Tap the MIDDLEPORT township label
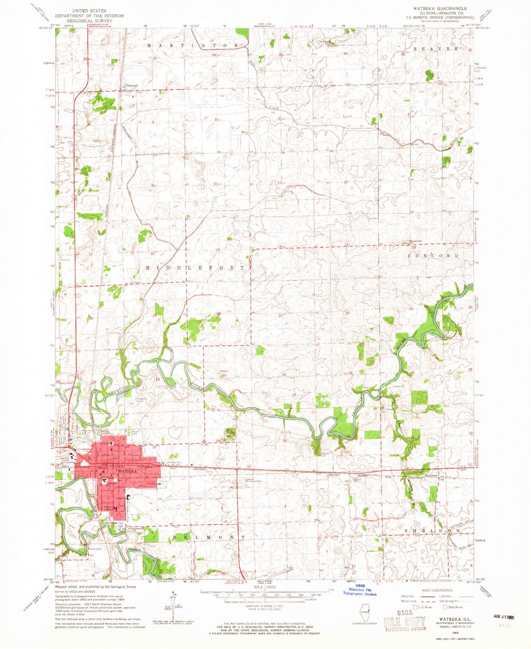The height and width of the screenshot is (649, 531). pos(195,268)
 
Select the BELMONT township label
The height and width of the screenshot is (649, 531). pos(209,538)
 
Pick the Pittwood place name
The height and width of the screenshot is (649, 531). pos(131,85)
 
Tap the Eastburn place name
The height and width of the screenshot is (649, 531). pos(431,475)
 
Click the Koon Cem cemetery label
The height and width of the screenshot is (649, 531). pos(95,549)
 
